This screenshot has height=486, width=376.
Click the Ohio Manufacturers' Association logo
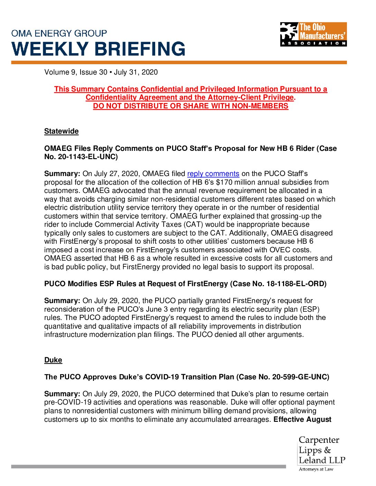pos(313,34)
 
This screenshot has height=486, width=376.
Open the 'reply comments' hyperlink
pos(213,174)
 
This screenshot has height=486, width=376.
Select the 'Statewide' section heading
pos(61,131)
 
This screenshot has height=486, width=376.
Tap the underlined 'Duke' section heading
pos(53,360)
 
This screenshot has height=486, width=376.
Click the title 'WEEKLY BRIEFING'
pos(98,49)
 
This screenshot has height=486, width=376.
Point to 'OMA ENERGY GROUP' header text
pos(59,33)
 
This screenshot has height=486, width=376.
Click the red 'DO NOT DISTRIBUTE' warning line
pos(190,106)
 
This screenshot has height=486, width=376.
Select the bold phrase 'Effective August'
pos(302,419)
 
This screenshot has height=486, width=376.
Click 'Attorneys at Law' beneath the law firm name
pos(316,469)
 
